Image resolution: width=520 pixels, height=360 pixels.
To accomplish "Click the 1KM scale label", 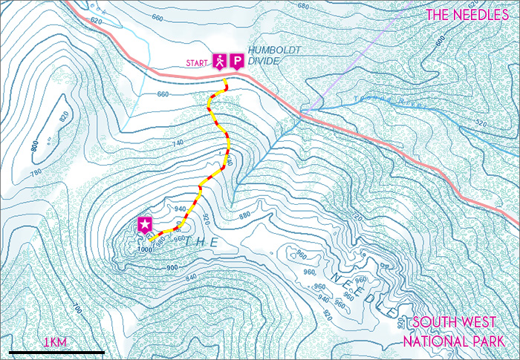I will pyautogui.click(x=55, y=342).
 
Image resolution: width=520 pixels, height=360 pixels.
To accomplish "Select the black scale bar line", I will pyautogui.click(x=56, y=351).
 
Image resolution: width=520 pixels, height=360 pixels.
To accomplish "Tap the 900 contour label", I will pyautogui.click(x=172, y=266).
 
